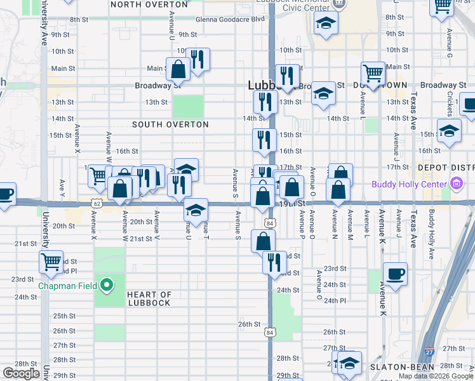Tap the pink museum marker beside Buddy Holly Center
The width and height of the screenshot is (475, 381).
455,185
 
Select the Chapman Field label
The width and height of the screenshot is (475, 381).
67,286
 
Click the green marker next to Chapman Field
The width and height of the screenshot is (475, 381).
107,286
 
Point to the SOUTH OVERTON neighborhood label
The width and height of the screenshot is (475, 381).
170,124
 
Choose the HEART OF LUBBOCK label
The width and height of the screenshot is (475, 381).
149,298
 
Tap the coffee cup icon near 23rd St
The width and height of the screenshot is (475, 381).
395,274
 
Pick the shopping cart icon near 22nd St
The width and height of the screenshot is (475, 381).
51,261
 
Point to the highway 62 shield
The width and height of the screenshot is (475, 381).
97,203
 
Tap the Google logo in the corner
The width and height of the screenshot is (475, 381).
22,373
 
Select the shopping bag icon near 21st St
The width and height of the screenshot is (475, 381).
263,241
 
